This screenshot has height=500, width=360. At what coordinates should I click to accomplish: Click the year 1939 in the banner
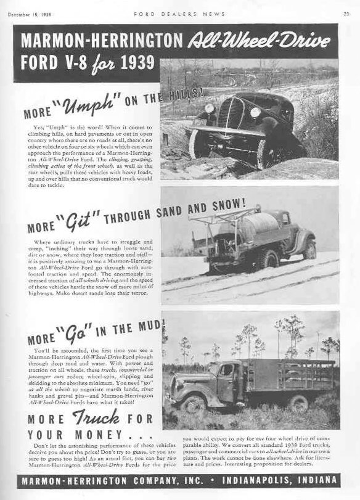[132, 63]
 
